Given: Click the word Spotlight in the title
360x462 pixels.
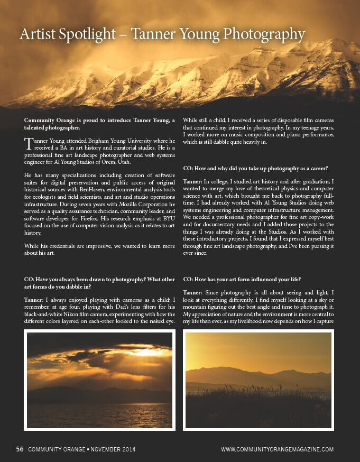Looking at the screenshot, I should pyautogui.click(x=87, y=35).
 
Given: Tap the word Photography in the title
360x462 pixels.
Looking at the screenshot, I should pyautogui.click(x=264, y=35).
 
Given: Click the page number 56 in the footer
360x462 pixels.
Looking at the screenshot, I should pyautogui.click(x=20, y=449).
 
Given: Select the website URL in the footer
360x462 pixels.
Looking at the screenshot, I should pyautogui.click(x=277, y=449).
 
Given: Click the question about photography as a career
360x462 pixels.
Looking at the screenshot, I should pyautogui.click(x=255, y=168).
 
